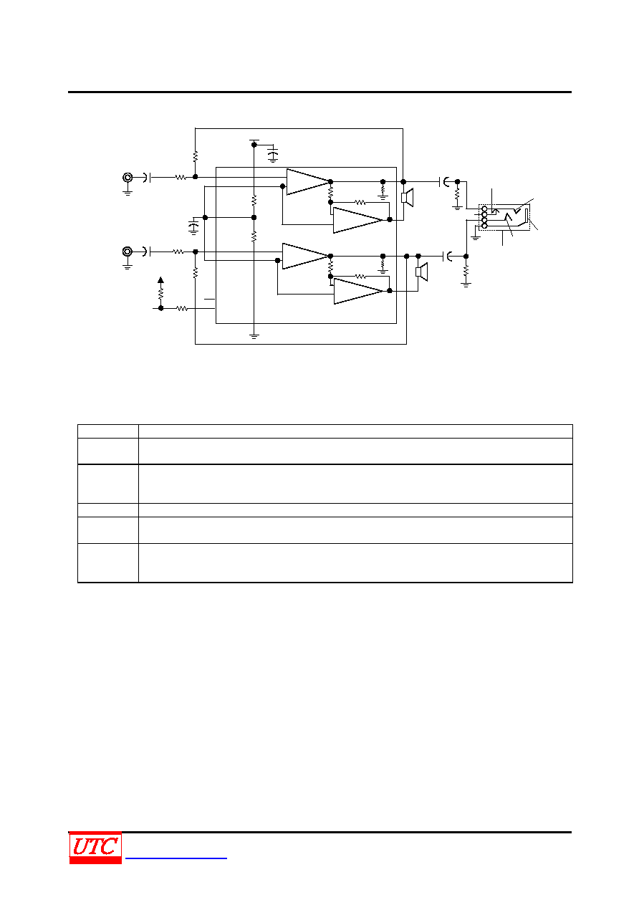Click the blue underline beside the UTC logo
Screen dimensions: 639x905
pyautogui.click(x=176, y=858)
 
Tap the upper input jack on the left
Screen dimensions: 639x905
pyautogui.click(x=128, y=178)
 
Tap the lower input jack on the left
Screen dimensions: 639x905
pyautogui.click(x=128, y=252)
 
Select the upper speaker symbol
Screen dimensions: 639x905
pyautogui.click(x=407, y=197)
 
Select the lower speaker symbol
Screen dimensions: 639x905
pyautogui.click(x=422, y=272)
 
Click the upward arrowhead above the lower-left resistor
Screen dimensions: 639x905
pyautogui.click(x=160, y=279)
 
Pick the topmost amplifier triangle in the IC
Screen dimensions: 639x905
pyautogui.click(x=309, y=182)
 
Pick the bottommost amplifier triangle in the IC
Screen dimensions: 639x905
pyautogui.click(x=359, y=292)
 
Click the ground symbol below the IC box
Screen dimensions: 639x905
pyautogui.click(x=254, y=336)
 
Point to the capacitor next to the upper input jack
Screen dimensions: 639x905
pyautogui.click(x=148, y=178)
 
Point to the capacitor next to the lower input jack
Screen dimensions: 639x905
pyautogui.click(x=148, y=252)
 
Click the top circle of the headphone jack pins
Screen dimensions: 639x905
pyautogui.click(x=485, y=209)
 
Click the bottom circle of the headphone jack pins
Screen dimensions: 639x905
pyautogui.click(x=485, y=226)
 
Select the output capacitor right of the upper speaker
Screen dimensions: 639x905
pyautogui.click(x=444, y=182)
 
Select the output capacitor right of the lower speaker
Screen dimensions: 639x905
pyautogui.click(x=448, y=256)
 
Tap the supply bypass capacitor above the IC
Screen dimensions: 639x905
pyautogui.click(x=274, y=153)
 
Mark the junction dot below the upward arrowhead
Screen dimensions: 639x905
pyautogui.click(x=160, y=308)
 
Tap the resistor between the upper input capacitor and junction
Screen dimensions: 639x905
pyautogui.click(x=181, y=178)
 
